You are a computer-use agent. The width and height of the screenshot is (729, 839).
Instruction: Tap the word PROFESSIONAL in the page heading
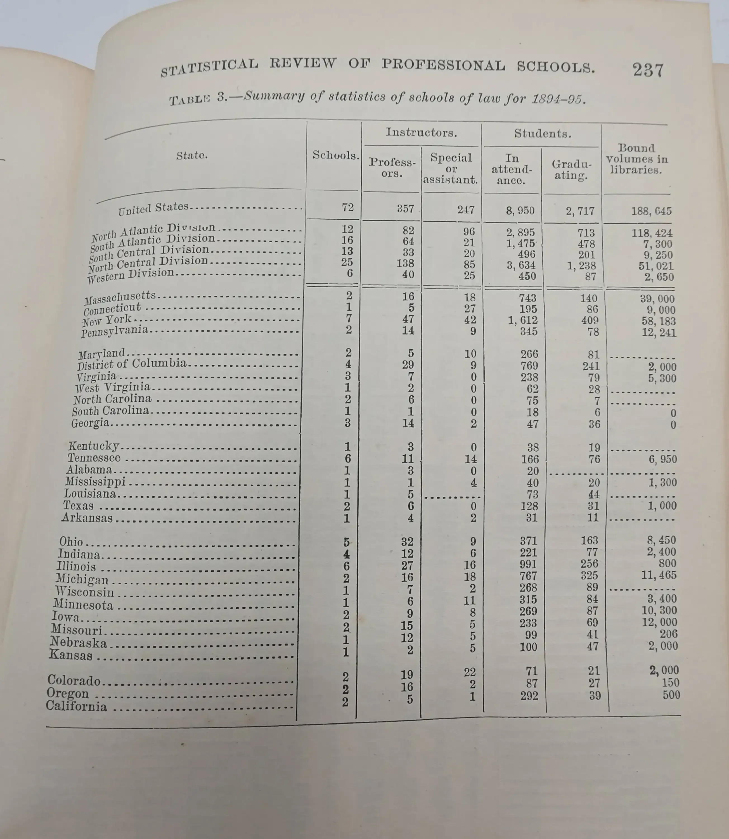pos(443,65)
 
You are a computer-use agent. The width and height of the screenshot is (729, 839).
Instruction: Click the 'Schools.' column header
pos(336,155)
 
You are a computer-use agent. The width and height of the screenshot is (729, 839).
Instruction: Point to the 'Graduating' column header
pos(571,170)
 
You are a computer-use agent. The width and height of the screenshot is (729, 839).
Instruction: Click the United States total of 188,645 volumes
pos(651,211)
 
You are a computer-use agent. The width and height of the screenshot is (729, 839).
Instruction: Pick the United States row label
pos(153,208)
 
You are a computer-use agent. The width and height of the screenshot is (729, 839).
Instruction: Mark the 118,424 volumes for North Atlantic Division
pos(652,233)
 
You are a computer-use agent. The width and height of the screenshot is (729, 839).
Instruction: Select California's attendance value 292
pos(529,696)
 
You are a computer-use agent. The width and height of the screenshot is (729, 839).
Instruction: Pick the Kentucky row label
pos(94,446)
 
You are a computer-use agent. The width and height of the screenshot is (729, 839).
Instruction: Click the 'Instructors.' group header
pos(421,132)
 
